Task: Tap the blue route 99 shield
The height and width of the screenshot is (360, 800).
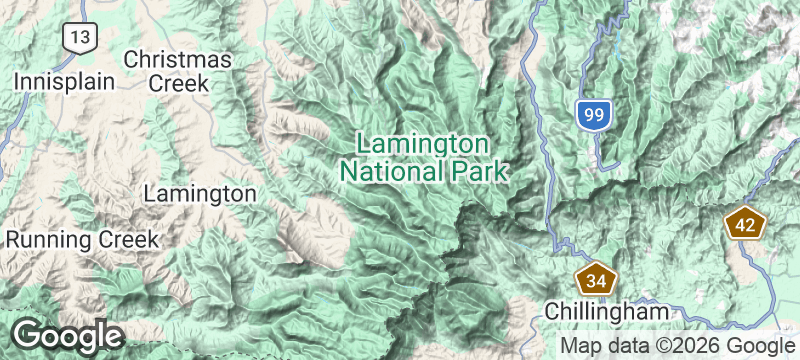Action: coord(593,114)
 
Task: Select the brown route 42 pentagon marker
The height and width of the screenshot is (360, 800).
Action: coord(744,224)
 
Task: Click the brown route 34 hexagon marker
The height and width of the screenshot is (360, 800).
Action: coord(597,279)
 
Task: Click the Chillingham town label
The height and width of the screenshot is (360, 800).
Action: coord(606,312)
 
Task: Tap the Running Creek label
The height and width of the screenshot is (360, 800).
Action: coord(82,240)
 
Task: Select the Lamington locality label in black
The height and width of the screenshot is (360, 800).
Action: coord(200,192)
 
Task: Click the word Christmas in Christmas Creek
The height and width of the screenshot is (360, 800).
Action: coord(178,60)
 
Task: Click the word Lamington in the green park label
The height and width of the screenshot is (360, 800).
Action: coord(422,144)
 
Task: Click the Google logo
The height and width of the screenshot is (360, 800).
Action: coord(67,335)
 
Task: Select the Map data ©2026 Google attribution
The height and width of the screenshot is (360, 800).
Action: coord(676,345)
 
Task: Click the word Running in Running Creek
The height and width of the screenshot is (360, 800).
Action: coord(50,240)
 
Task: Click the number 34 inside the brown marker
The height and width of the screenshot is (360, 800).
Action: coord(597,280)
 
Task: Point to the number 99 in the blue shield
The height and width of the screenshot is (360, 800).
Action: coord(593,115)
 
